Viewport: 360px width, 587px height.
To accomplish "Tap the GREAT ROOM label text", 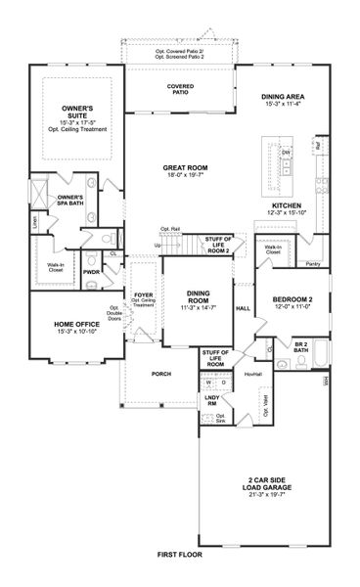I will click(181, 168).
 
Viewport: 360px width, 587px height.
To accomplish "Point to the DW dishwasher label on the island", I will click(287, 154).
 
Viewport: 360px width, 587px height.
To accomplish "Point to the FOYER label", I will click(144, 291).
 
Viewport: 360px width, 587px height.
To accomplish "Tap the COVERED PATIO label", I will click(179, 89).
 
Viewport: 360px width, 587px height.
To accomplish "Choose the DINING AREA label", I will click(285, 97).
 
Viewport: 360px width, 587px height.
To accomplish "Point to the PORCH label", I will click(160, 374).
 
